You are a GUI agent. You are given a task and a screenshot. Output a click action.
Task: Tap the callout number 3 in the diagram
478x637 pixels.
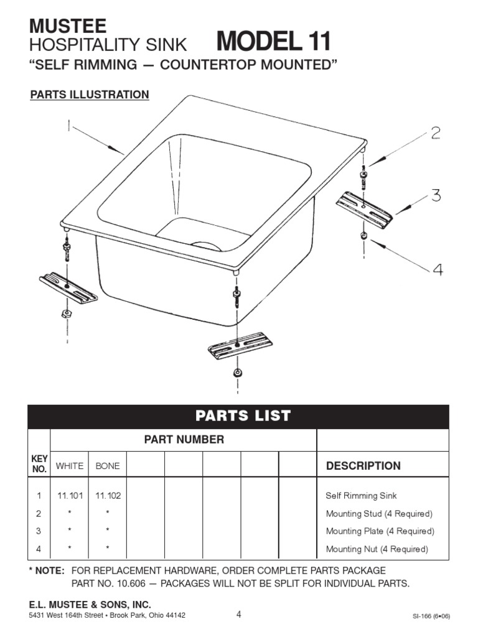[x=435, y=195]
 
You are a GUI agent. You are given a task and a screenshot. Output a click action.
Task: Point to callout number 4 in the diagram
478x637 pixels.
[x=438, y=269]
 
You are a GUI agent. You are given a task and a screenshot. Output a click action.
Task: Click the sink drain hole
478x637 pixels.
[x=206, y=246]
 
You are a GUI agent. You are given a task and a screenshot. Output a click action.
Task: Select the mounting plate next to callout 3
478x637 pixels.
[x=365, y=210]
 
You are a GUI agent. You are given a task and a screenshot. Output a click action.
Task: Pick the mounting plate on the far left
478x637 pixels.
[x=68, y=287]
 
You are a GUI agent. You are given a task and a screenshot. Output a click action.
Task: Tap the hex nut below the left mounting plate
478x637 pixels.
[x=65, y=314]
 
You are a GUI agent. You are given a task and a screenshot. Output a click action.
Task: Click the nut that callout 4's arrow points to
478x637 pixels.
[x=363, y=236]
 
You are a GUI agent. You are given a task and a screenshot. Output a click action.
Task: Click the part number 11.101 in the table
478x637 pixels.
[x=69, y=496]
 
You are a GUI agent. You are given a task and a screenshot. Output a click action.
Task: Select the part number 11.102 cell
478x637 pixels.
[x=108, y=496]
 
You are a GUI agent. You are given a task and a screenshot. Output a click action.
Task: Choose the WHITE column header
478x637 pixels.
[x=69, y=466]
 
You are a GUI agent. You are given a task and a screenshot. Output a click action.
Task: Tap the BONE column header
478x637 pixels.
[x=108, y=466]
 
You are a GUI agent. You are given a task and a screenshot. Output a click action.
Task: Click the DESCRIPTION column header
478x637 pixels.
[x=363, y=466]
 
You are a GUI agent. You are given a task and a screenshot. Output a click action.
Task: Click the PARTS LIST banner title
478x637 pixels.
[x=243, y=416]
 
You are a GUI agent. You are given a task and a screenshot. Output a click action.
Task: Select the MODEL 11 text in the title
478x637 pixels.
[x=273, y=42]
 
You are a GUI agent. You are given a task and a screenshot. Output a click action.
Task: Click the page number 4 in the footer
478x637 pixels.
[x=238, y=615]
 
